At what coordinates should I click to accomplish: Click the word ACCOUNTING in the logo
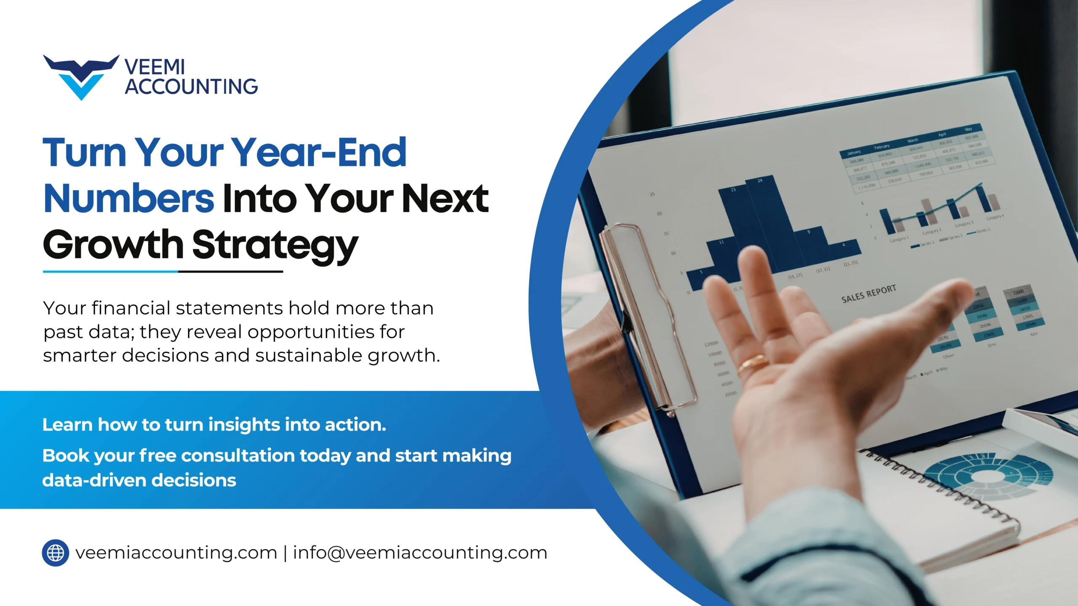(191, 87)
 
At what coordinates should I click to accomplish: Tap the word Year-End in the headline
(319, 152)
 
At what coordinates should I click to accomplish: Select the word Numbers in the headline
(129, 199)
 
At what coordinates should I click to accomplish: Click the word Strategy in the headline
(275, 245)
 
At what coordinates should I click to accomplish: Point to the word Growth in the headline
(113, 245)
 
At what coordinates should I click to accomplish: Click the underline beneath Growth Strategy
(163, 272)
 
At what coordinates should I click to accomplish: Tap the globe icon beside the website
(56, 553)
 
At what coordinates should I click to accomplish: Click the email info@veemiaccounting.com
(420, 553)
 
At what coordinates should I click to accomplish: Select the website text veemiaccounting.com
(176, 553)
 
